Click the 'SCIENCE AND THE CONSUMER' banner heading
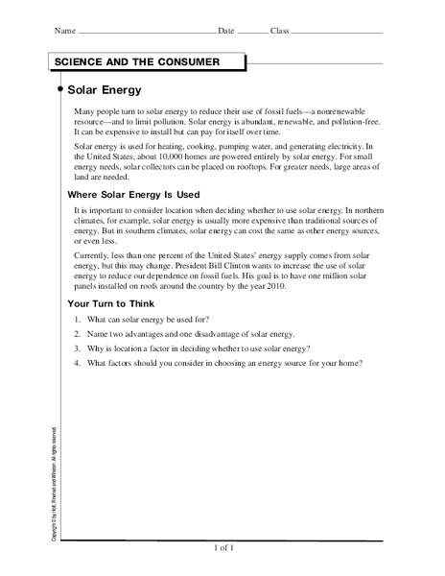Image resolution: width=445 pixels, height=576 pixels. (137, 62)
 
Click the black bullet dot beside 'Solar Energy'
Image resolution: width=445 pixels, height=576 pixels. (61, 90)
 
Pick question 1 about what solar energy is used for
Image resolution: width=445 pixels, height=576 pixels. (141, 319)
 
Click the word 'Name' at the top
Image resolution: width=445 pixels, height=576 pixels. (64, 32)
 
